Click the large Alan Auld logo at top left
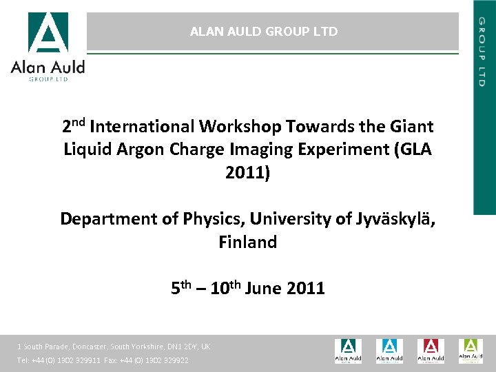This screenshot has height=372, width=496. (x=48, y=46)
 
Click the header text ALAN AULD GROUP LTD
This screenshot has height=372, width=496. (x=264, y=32)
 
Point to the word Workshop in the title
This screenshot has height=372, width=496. (x=240, y=127)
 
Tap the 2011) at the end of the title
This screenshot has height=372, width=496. (x=248, y=173)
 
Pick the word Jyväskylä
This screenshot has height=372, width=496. (x=395, y=219)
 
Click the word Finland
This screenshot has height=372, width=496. (x=248, y=242)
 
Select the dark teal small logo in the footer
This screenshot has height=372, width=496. (x=348, y=351)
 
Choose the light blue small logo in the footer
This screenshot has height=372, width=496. (x=389, y=351)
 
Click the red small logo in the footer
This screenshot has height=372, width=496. (x=430, y=351)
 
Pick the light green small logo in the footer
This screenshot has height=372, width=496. (x=471, y=351)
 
